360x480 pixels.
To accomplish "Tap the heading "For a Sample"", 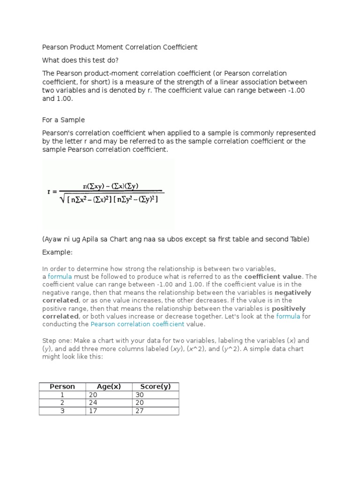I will [63, 120].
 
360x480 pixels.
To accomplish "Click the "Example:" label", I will [58, 252].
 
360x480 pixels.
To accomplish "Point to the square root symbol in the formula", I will [63, 199].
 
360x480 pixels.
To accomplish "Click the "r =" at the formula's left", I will [52, 191].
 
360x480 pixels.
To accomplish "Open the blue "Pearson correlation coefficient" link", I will [138, 324].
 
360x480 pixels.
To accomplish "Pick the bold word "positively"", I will [289, 308].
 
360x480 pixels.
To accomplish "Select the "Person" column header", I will [62, 387].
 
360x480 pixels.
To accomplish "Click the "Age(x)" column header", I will [109, 387].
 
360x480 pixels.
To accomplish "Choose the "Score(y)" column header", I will [156, 387].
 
